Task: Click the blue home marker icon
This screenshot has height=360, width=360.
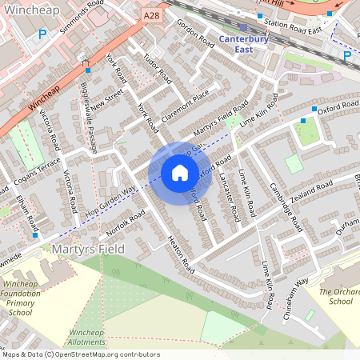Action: pyautogui.click(x=179, y=173)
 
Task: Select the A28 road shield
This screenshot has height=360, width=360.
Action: pyautogui.click(x=153, y=15)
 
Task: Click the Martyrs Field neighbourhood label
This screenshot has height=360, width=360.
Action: pyautogui.click(x=88, y=250)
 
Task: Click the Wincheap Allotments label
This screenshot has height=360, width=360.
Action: pyautogui.click(x=87, y=337)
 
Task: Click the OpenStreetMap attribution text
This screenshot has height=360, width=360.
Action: pyautogui.click(x=80, y=354)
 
